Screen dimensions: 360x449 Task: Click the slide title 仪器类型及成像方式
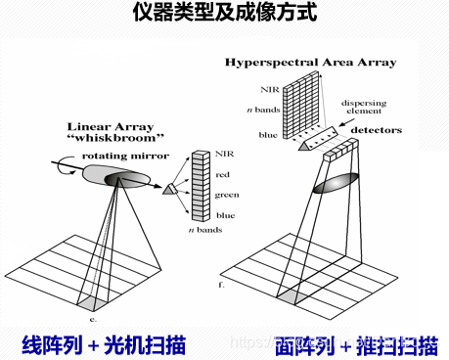tap(224, 15)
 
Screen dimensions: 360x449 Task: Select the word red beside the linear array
tap(223, 174)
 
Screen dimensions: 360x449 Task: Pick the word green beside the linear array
tap(227, 194)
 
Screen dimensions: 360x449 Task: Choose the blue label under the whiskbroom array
tap(224, 213)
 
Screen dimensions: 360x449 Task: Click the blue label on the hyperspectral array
tap(266, 135)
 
